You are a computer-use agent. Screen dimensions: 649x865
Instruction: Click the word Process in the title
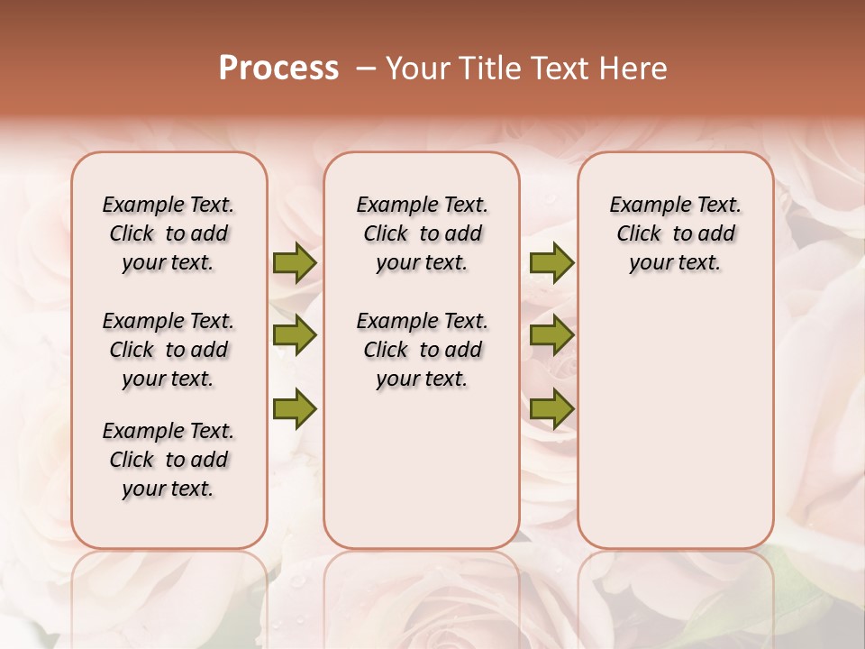[278, 69]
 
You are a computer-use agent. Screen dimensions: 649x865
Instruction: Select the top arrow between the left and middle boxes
[295, 263]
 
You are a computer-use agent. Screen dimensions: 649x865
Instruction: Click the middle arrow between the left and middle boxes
[295, 335]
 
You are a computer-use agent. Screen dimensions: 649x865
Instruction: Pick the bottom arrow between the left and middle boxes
[295, 409]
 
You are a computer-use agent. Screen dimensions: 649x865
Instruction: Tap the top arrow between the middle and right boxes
[551, 263]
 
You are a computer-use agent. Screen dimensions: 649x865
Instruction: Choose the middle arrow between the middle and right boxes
[551, 335]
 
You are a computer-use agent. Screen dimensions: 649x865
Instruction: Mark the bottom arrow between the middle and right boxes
[551, 409]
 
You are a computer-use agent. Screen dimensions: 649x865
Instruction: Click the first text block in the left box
[168, 233]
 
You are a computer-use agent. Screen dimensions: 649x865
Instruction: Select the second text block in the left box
[168, 350]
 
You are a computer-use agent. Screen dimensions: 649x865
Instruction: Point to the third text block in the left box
[168, 460]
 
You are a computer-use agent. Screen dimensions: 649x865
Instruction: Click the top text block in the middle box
[422, 233]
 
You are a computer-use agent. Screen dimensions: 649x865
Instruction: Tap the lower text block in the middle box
[422, 350]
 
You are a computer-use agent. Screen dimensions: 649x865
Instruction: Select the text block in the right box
[675, 233]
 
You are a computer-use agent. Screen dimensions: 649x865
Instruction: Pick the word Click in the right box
[639, 234]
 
